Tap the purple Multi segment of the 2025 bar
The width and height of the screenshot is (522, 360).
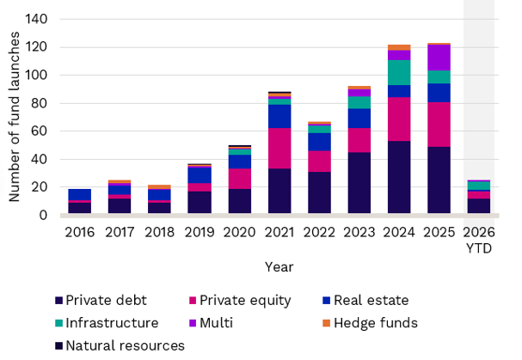[439, 58]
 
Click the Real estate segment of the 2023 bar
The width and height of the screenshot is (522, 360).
[359, 119]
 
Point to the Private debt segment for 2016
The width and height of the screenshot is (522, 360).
[80, 208]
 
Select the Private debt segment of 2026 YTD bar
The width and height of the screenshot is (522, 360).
[478, 206]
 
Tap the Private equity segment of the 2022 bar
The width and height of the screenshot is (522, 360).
[319, 162]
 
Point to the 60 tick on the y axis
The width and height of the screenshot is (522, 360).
[39, 131]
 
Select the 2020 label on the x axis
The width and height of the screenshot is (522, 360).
[239, 231]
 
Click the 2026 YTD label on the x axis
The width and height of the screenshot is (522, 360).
[478, 239]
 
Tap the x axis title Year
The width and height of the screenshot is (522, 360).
[279, 265]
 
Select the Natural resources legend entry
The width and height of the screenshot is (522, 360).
[121, 345]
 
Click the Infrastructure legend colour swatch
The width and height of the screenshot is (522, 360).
[58, 324]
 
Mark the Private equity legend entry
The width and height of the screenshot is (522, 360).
[242, 301]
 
